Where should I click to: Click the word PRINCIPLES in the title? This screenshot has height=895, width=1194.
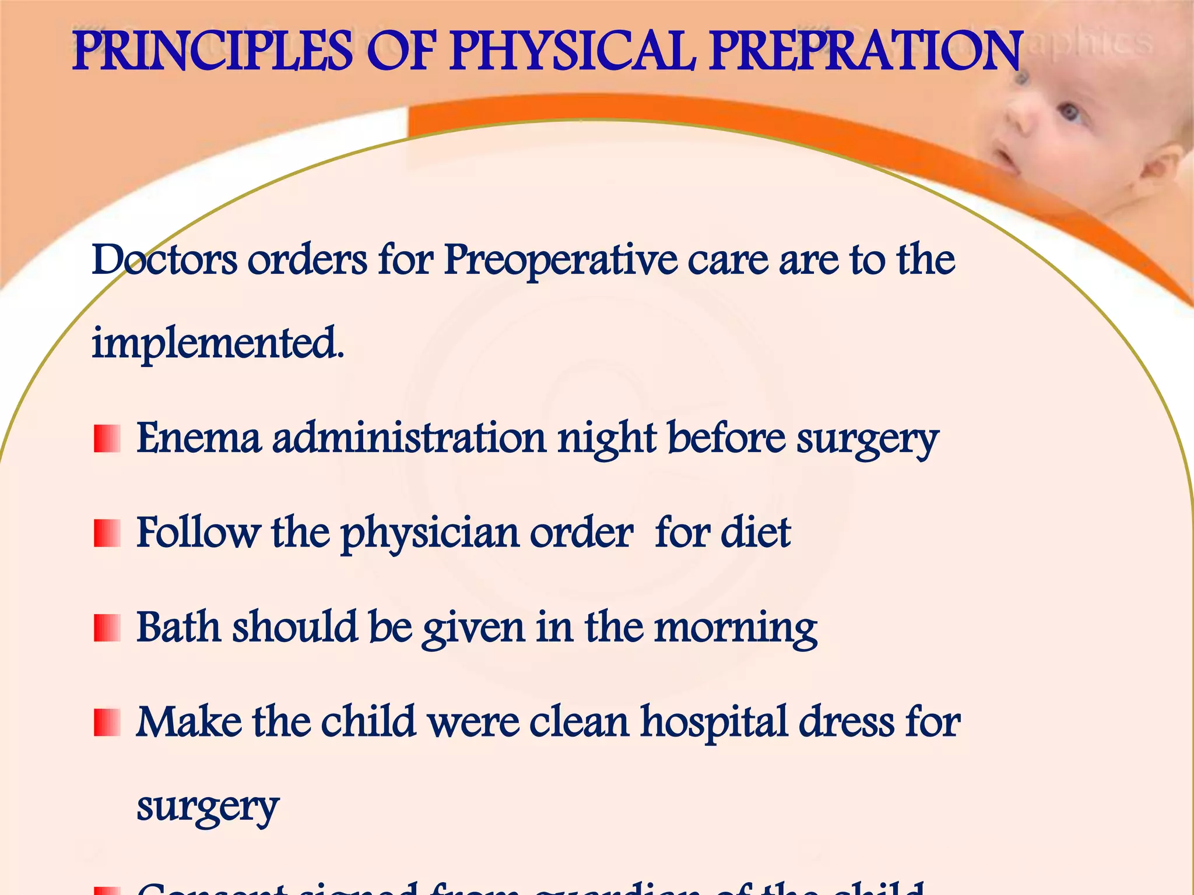click(x=212, y=52)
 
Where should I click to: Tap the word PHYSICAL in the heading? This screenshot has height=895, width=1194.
click(x=573, y=52)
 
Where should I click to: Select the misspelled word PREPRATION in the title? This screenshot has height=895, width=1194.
click(x=866, y=52)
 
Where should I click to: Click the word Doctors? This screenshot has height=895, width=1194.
click(x=164, y=260)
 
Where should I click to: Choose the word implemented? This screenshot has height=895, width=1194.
click(x=218, y=344)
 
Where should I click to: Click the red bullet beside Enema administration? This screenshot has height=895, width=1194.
click(x=107, y=439)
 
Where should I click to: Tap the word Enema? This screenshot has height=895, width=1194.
click(x=198, y=438)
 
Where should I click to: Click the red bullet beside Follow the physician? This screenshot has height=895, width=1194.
click(x=107, y=533)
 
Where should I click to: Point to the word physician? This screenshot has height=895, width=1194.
click(x=429, y=534)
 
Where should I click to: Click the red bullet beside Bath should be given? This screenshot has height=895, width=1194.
click(x=107, y=628)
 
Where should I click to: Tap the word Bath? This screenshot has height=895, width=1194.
click(x=178, y=627)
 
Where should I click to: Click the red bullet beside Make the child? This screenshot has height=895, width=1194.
click(x=107, y=723)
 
